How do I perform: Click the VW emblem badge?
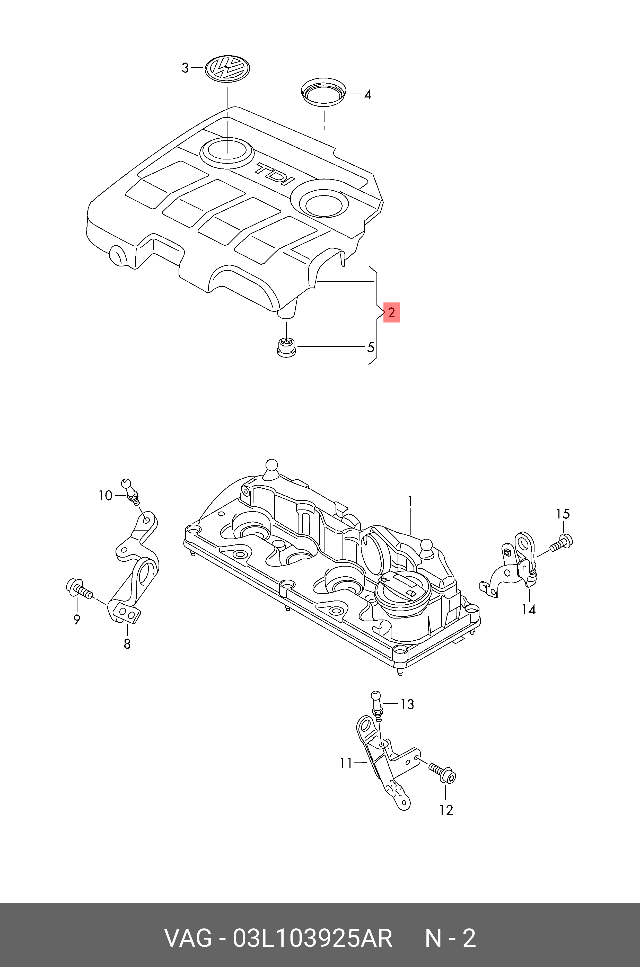pos(227,67)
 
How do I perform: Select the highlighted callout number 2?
pos(391,313)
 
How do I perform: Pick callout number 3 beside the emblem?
pos(185,68)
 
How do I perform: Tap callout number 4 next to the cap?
pos(367,95)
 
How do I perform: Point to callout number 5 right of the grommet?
pos(370,347)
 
